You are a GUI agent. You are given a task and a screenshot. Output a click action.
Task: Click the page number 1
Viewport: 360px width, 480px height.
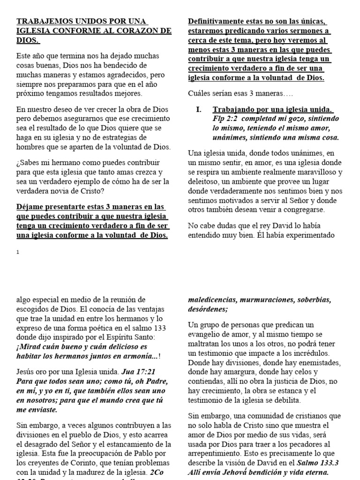pyautogui.click(x=18, y=252)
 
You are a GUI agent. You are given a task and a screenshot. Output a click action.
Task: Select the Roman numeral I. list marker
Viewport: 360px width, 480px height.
pyautogui.click(x=199, y=110)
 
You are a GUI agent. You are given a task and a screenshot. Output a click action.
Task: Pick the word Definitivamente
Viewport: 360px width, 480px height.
pyautogui.click(x=219, y=22)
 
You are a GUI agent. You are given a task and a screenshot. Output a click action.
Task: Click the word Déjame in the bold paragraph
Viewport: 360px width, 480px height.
pyautogui.click(x=30, y=207)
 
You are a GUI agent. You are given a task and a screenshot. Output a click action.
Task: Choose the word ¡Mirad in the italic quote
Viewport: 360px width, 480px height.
pyautogui.click(x=30, y=347)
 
